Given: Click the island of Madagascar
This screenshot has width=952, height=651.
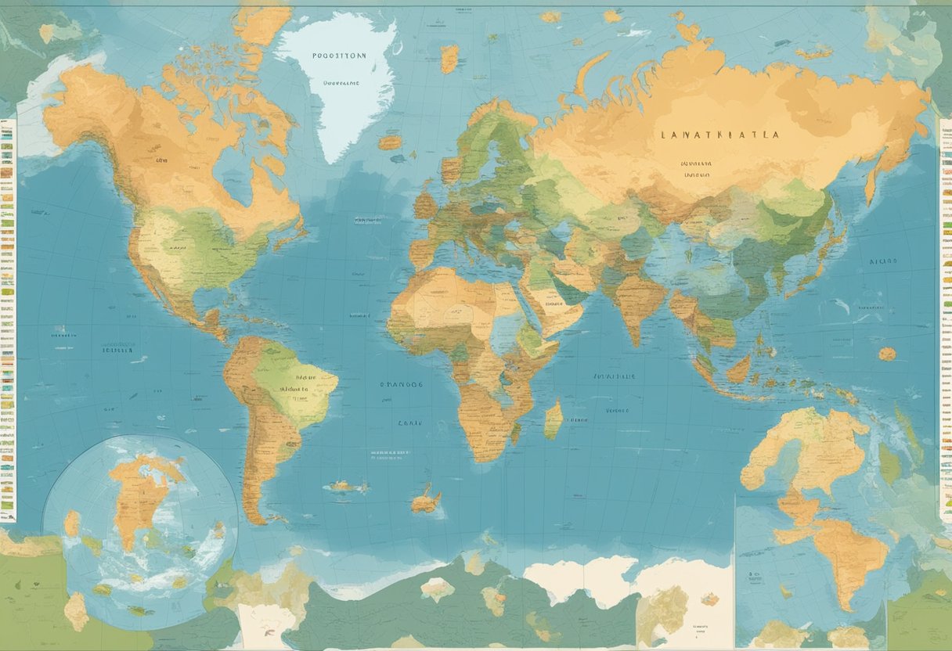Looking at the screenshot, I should [x=554, y=420].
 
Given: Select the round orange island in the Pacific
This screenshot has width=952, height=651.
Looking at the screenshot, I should [x=886, y=354].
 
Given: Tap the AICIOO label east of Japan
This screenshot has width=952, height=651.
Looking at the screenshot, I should [x=883, y=263].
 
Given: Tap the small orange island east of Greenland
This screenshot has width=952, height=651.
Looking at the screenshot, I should [x=449, y=57].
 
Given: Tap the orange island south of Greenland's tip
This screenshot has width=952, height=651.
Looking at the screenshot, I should [x=389, y=142].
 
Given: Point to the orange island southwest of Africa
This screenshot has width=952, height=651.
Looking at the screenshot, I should [x=426, y=500].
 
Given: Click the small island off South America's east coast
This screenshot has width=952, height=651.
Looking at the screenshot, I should [x=344, y=486].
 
